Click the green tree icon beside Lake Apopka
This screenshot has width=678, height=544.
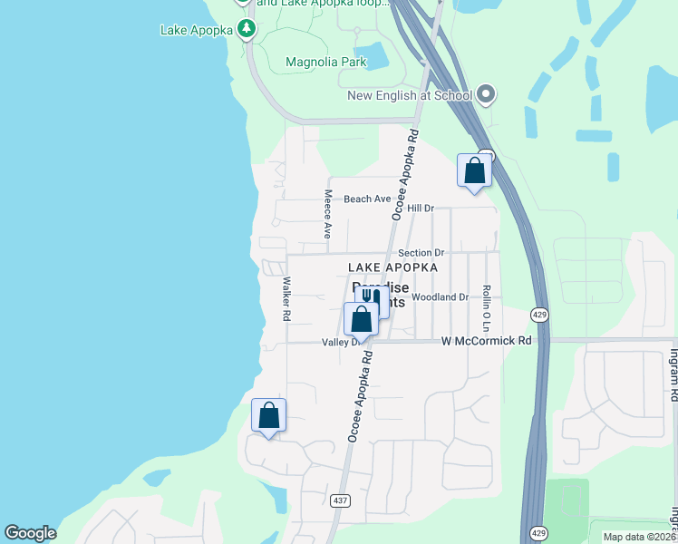(247, 29)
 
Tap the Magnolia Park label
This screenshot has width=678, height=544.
(325, 63)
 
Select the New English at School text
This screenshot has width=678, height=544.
(409, 95)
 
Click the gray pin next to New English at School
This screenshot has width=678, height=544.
(485, 93)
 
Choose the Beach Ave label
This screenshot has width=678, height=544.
(367, 199)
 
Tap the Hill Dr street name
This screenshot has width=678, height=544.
(421, 209)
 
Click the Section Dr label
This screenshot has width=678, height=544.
(421, 253)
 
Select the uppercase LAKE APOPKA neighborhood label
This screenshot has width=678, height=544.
(393, 267)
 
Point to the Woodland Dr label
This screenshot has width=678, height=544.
(440, 296)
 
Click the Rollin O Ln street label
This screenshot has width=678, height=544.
(487, 306)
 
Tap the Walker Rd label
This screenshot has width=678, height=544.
(286, 298)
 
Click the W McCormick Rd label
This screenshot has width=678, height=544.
(486, 341)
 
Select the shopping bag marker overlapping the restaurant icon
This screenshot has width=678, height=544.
(361, 319)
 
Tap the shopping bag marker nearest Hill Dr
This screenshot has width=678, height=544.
(474, 170)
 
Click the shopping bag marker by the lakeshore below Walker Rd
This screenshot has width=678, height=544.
(268, 415)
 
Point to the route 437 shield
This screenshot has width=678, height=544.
(340, 500)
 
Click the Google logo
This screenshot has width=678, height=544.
(30, 533)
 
